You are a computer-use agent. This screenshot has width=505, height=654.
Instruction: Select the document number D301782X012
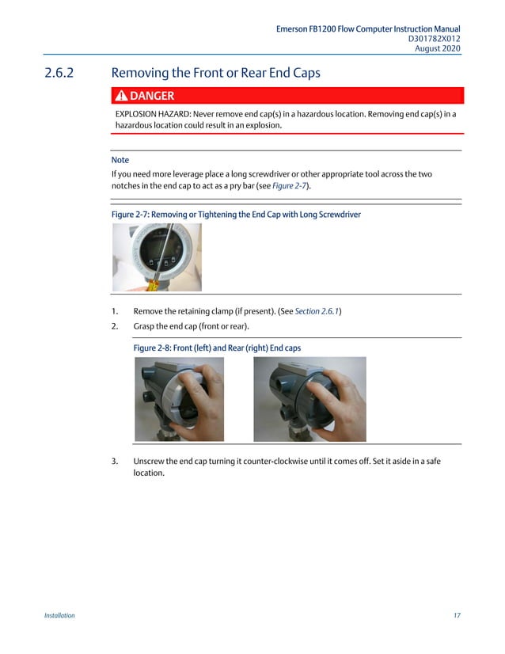(x=434, y=39)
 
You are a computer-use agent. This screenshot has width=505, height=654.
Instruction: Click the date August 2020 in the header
(x=438, y=49)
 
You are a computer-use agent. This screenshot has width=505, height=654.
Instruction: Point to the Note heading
(x=120, y=160)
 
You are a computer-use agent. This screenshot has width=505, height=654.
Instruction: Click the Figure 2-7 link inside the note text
(x=290, y=185)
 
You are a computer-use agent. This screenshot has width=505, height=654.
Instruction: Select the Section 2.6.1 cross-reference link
(x=317, y=311)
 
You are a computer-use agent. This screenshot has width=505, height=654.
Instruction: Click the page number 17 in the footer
(x=457, y=615)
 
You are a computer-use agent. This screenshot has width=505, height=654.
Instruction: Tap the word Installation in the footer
(x=59, y=615)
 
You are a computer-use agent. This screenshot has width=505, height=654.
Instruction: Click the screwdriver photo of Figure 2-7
(x=157, y=257)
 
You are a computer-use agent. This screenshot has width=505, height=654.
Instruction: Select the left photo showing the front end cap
(x=179, y=399)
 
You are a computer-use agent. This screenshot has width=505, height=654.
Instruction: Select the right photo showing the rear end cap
(x=309, y=399)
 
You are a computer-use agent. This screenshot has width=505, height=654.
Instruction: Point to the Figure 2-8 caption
(x=217, y=348)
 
